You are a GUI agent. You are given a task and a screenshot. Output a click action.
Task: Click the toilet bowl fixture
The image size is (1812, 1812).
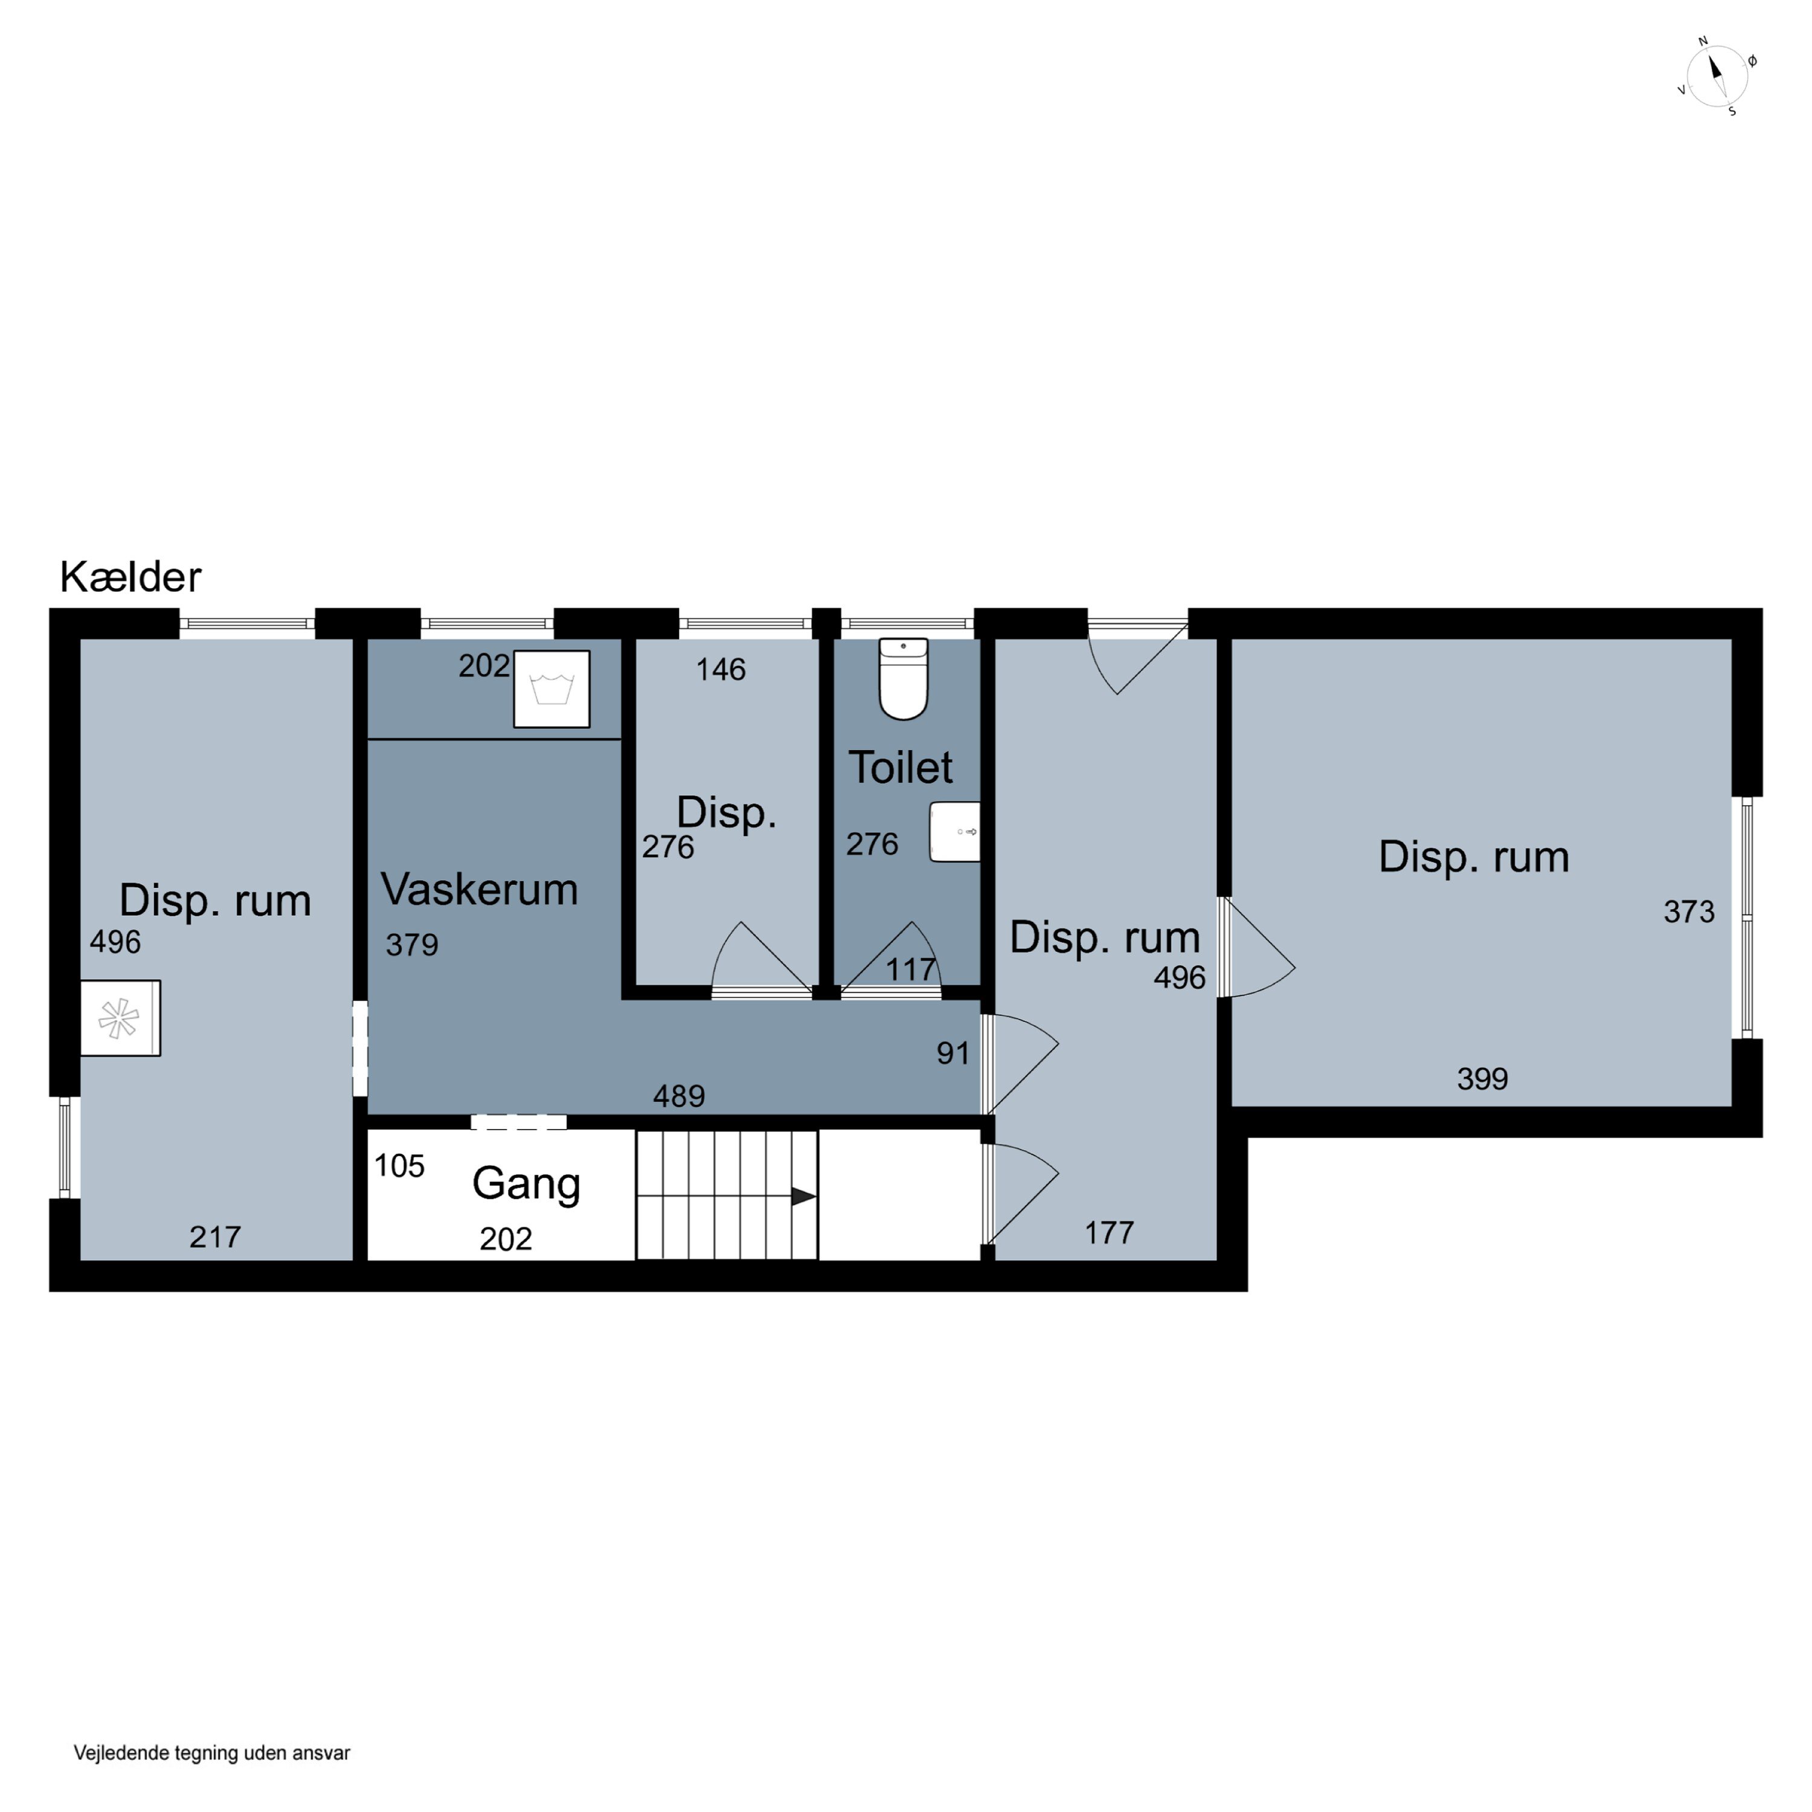click(x=903, y=679)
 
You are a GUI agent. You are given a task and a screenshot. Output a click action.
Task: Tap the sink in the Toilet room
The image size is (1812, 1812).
click(x=955, y=832)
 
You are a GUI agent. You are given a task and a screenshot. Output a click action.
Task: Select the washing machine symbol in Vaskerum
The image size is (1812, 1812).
click(x=551, y=689)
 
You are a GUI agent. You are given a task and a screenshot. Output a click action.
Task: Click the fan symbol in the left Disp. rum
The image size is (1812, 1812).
click(x=120, y=1018)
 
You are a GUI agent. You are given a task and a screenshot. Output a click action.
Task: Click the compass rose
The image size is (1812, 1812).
click(x=1717, y=76)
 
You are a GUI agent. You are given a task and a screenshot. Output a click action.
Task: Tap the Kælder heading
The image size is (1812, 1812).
click(x=130, y=577)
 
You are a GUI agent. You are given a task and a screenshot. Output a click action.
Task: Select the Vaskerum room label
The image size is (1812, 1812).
click(x=479, y=889)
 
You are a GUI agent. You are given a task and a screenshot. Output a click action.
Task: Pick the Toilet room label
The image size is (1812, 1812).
click(x=901, y=767)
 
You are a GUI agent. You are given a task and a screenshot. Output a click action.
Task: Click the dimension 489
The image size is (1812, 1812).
click(x=679, y=1096)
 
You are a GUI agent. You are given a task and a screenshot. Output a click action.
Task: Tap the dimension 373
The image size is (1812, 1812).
click(x=1689, y=911)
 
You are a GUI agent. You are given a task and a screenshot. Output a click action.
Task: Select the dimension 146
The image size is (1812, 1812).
click(x=721, y=670)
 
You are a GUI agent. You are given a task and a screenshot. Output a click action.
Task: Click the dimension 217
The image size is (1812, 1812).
click(x=216, y=1237)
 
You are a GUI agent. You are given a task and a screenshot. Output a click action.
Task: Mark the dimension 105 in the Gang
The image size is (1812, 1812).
click(x=399, y=1166)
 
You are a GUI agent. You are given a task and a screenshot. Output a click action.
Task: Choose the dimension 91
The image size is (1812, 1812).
click(x=953, y=1053)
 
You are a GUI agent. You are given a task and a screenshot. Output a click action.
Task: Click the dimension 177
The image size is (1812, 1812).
click(x=1110, y=1232)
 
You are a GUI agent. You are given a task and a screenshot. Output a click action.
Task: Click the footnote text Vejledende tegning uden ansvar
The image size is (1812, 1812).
click(x=212, y=1753)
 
